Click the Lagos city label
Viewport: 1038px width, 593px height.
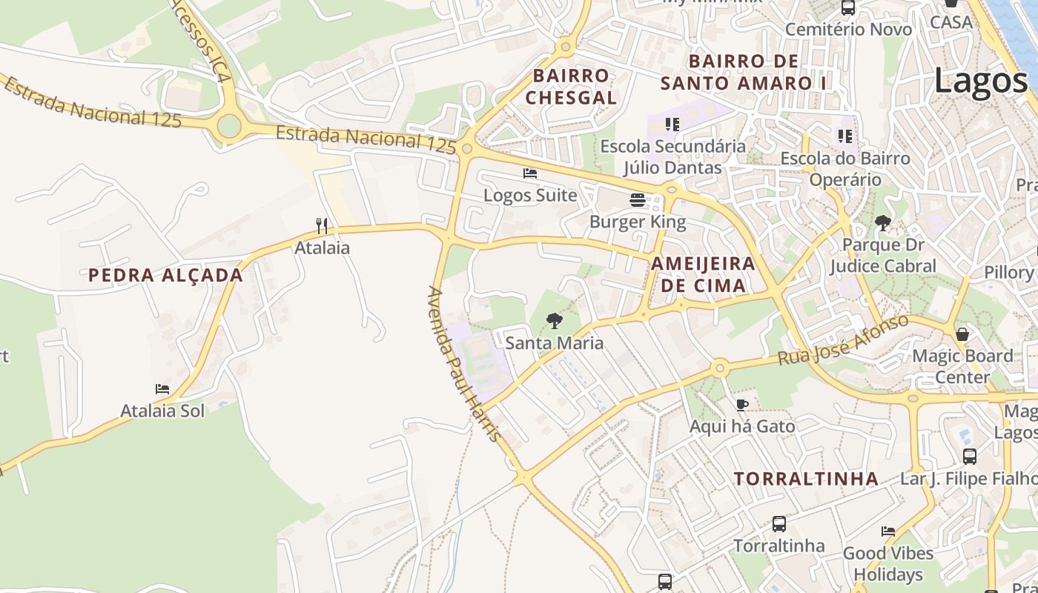click(980, 80)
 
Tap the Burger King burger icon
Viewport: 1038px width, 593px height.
click(638, 199)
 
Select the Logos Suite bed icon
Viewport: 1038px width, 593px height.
click(530, 173)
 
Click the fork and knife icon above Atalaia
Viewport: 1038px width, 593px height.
click(322, 225)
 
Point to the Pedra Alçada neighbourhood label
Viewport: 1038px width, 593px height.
click(165, 275)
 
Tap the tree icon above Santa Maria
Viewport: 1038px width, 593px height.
click(554, 321)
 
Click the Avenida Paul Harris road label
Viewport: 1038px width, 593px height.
click(464, 364)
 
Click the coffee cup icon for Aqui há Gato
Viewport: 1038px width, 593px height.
click(742, 405)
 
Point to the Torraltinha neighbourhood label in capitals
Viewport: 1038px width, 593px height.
click(806, 478)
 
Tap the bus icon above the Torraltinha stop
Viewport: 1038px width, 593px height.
click(779, 524)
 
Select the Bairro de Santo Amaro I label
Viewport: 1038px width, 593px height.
click(743, 72)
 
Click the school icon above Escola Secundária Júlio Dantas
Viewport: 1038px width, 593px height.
click(672, 124)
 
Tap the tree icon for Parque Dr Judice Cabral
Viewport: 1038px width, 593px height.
click(882, 222)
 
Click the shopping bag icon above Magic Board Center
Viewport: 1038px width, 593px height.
click(962, 334)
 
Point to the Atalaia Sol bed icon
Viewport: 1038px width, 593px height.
click(162, 388)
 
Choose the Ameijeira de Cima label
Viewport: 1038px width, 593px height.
click(703, 274)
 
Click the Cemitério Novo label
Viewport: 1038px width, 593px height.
click(848, 30)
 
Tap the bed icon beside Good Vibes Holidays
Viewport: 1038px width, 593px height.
click(888, 531)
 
